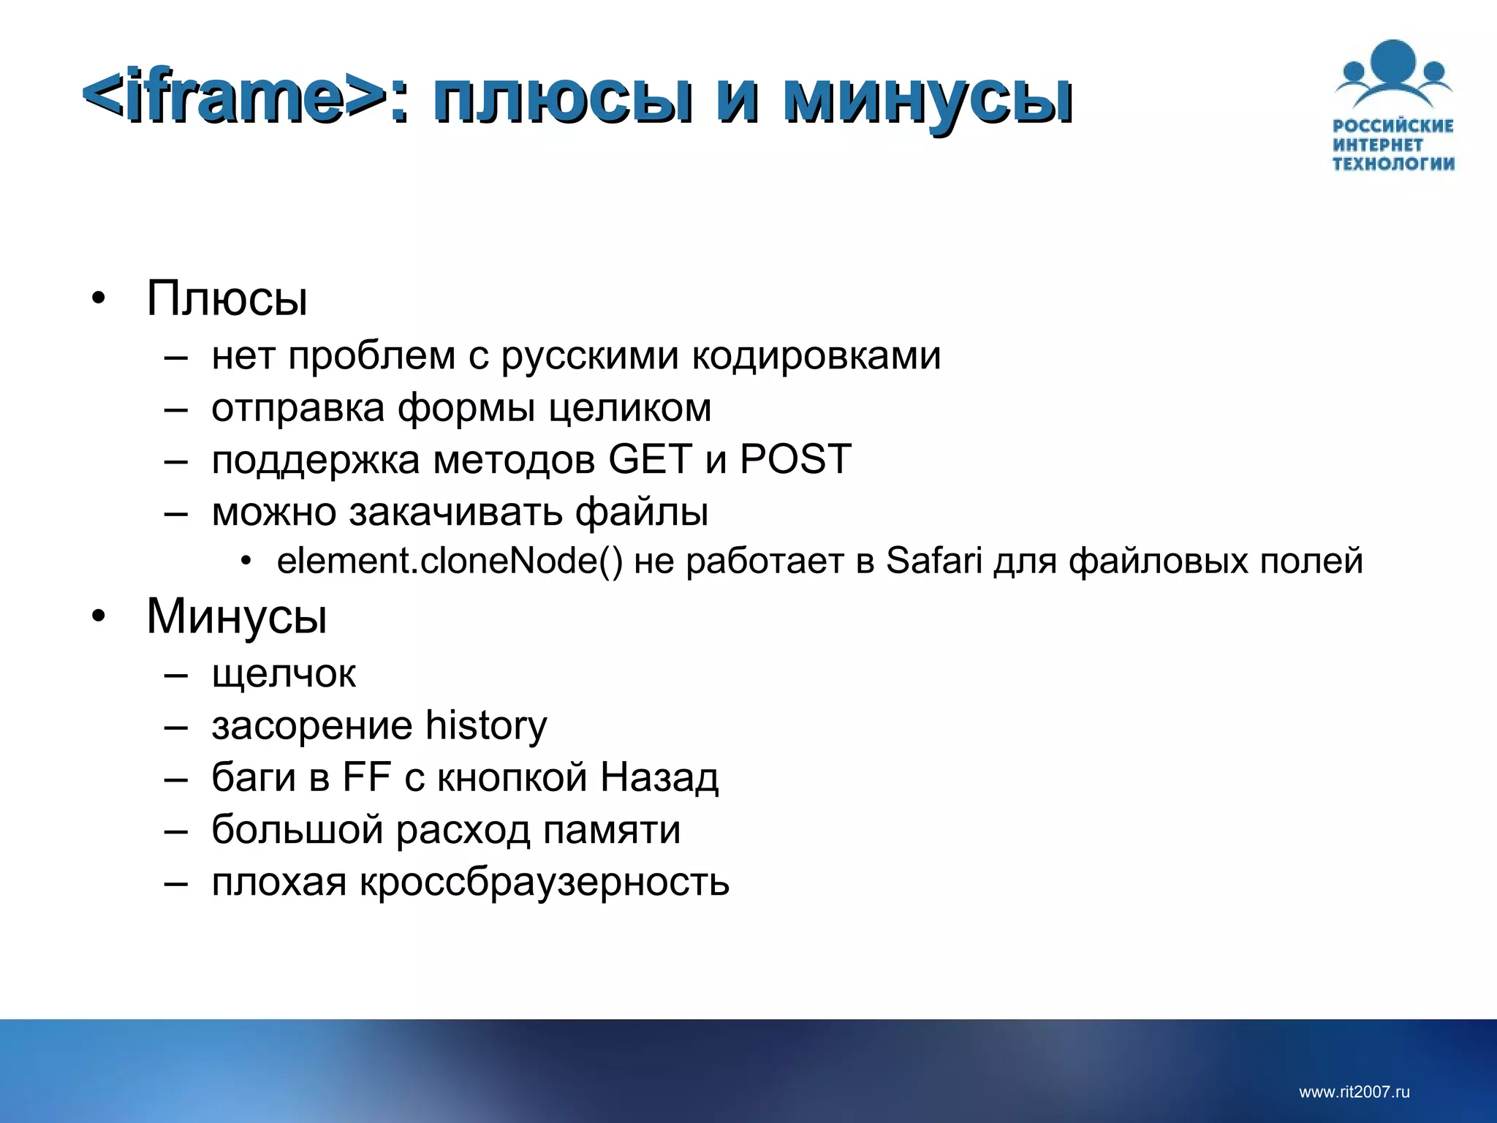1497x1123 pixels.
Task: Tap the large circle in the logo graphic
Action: (1393, 63)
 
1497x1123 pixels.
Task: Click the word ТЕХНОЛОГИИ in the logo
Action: (1393, 163)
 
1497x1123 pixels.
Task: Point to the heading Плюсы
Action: (227, 298)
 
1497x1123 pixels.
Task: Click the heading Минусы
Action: (236, 616)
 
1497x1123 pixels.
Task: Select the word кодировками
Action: (816, 356)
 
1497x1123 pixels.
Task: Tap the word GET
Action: (650, 459)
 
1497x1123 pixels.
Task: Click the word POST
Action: (795, 459)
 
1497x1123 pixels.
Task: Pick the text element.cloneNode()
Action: (450, 561)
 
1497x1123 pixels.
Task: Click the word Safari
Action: (933, 561)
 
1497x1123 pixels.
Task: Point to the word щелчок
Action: (284, 673)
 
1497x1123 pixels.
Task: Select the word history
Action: (486, 725)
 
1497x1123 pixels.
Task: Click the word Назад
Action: (659, 776)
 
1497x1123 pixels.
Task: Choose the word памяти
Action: (612, 830)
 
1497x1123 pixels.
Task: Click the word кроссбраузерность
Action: (544, 882)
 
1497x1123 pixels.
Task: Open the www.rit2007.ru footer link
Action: (1354, 1092)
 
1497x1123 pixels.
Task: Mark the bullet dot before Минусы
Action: (99, 616)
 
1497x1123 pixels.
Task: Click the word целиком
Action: (629, 408)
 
